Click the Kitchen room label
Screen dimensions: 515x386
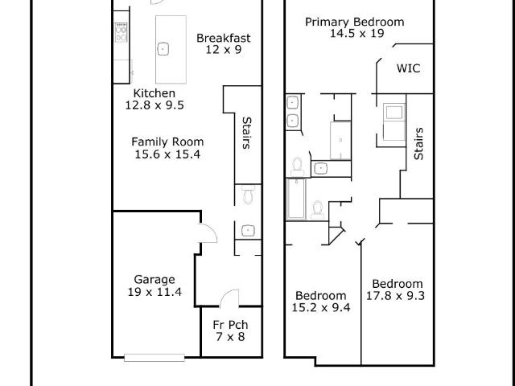point(154,93)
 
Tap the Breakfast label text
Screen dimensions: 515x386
point(224,38)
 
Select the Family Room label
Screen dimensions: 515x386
point(167,142)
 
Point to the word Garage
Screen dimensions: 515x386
point(154,280)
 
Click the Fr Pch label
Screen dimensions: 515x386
point(230,325)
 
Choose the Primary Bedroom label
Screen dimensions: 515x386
point(355,22)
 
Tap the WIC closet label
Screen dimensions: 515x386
point(408,68)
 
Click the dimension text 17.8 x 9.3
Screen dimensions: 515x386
point(395,296)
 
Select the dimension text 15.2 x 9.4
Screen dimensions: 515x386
point(321,307)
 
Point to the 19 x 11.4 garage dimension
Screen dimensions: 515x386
point(154,292)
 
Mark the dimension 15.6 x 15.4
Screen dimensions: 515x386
point(167,154)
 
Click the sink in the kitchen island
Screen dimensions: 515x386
point(163,49)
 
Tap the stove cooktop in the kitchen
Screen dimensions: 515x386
point(121,32)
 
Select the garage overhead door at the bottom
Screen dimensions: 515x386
point(154,358)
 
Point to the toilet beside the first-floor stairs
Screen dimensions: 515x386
point(248,195)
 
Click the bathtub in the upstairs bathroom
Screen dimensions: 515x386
point(296,199)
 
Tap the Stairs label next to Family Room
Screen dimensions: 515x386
point(247,133)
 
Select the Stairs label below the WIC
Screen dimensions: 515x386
point(418,144)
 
